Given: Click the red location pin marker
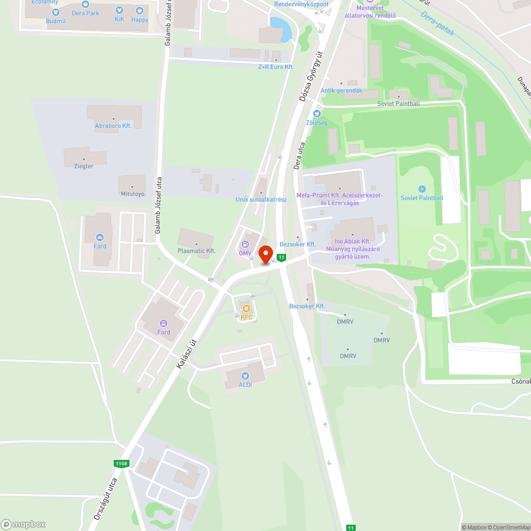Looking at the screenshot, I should (265, 255).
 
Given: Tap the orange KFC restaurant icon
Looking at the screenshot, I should (246, 309).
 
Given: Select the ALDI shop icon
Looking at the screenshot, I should (245, 376).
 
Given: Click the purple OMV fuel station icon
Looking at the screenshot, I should (245, 244).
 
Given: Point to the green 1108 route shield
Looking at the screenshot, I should (121, 464).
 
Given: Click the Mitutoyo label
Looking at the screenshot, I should (132, 194).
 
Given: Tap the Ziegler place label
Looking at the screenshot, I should (84, 166).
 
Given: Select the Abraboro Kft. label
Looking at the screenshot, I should (113, 126).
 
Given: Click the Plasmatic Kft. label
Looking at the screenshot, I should (196, 251).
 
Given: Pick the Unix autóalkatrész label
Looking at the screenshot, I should (261, 200).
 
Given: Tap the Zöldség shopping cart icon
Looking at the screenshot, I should (317, 114).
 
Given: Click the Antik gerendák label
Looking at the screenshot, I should (341, 90).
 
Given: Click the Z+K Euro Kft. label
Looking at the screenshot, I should (276, 67).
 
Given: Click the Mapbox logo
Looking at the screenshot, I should (23, 524).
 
